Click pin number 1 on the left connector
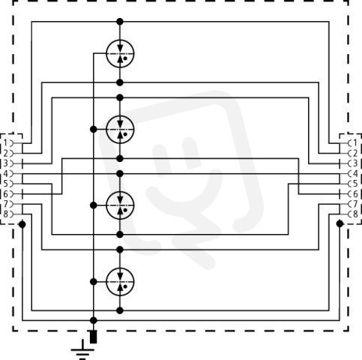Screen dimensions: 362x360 pos(5,143)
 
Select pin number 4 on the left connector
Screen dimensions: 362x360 pos(5,173)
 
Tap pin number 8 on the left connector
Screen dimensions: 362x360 pos(5,214)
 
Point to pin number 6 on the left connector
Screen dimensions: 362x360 pos(5,194)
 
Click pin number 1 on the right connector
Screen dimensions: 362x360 pos(355,143)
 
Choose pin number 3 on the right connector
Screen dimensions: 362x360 pos(355,163)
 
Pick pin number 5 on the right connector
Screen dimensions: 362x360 pos(355,184)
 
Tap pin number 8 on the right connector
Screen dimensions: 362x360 pos(355,214)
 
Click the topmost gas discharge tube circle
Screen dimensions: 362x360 pos(120,53)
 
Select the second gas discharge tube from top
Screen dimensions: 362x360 pos(120,130)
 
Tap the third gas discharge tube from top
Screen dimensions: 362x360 pos(120,205)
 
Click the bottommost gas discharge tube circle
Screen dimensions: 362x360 pos(120,282)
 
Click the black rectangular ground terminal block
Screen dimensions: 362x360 pos(94,337)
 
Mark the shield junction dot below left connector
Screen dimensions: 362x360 pos(22,224)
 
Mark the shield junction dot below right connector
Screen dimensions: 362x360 pos(340,223)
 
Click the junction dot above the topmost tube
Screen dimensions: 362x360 pos(120,22)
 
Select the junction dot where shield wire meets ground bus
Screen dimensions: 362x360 pos(94,320)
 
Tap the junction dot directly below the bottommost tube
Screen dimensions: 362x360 pos(120,310)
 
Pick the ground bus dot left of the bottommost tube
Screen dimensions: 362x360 pos(94,282)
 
